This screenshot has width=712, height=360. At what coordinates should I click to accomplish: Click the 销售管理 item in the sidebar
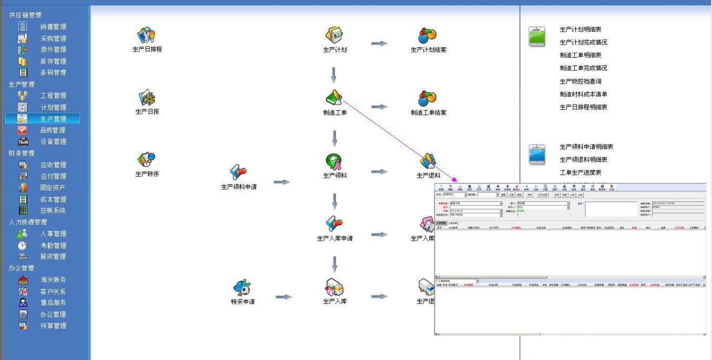point(53,27)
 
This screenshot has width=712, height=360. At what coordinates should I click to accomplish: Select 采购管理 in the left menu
point(53,38)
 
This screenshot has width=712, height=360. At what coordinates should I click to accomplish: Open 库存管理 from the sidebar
point(53,61)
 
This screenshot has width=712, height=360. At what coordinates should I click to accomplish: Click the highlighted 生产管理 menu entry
point(53,119)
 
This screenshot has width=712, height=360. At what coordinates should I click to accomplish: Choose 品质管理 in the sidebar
point(53,130)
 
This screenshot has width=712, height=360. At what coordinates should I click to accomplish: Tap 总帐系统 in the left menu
point(53,211)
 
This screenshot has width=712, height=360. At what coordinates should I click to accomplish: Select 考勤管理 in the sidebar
point(53,245)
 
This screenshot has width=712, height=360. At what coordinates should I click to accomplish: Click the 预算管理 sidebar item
point(53,326)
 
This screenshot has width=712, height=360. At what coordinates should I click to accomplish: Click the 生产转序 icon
point(147,160)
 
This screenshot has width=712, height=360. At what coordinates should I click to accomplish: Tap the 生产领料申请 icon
point(239,173)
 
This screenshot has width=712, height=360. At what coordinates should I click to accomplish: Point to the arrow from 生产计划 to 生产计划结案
point(379,44)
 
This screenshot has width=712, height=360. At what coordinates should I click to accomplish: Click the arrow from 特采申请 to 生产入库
point(284,297)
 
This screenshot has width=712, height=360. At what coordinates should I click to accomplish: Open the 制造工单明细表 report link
point(580,55)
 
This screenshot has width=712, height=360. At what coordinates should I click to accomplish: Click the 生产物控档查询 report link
point(580,81)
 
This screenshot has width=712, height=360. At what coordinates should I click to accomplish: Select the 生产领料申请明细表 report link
point(586,147)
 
